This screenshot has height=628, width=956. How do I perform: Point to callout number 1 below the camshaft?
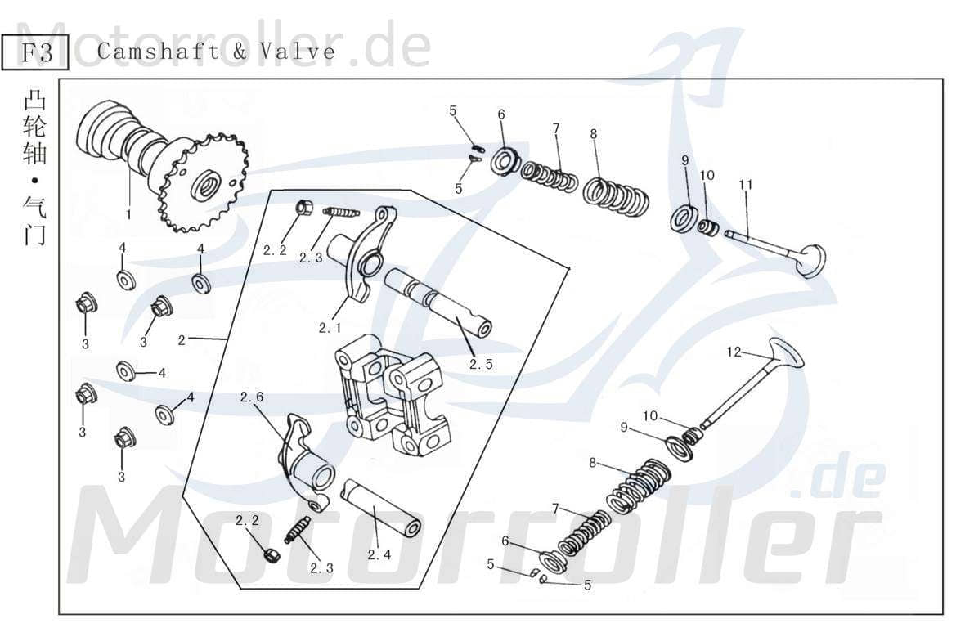click(x=128, y=214)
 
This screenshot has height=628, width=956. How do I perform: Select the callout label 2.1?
click(x=330, y=327)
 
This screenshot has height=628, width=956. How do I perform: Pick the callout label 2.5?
click(x=481, y=365)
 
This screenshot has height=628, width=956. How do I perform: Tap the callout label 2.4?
click(x=379, y=554)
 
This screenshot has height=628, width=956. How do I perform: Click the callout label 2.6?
click(x=251, y=397)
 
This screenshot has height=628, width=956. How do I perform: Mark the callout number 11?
click(x=745, y=184)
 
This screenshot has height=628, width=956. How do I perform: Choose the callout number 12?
click(x=734, y=352)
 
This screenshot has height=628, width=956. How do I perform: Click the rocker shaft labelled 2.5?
click(x=437, y=303)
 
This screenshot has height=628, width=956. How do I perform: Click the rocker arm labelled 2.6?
click(x=304, y=462)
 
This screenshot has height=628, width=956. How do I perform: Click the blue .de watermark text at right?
click(x=838, y=481)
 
